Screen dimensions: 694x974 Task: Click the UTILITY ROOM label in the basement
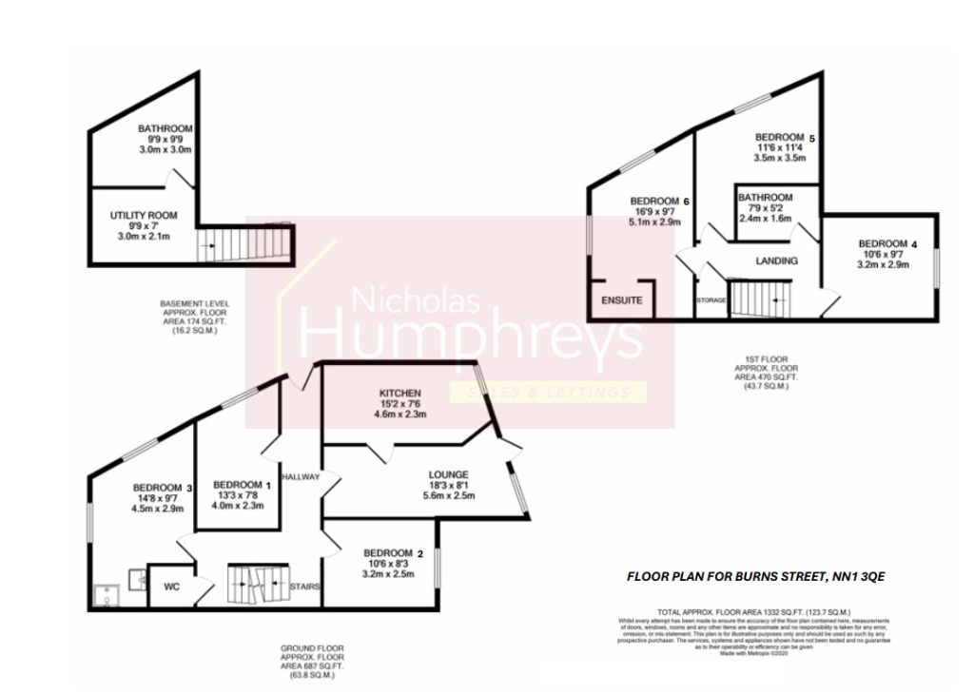point(143,216)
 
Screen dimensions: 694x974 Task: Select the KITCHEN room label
point(399,393)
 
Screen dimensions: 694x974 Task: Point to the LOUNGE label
point(448,474)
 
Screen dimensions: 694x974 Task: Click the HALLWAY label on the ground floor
point(301,476)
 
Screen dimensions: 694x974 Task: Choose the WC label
point(172,587)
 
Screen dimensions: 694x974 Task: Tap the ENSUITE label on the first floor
point(622,300)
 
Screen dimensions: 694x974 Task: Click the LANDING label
point(776,260)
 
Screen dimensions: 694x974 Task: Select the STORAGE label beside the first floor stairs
point(711,300)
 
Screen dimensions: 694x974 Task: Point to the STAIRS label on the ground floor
point(305,587)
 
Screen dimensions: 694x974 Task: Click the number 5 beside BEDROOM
point(811,137)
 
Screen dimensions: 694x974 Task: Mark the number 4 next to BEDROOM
point(914,243)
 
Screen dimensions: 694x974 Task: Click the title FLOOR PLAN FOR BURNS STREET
point(755,576)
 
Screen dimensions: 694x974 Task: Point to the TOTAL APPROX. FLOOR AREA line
point(753,611)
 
